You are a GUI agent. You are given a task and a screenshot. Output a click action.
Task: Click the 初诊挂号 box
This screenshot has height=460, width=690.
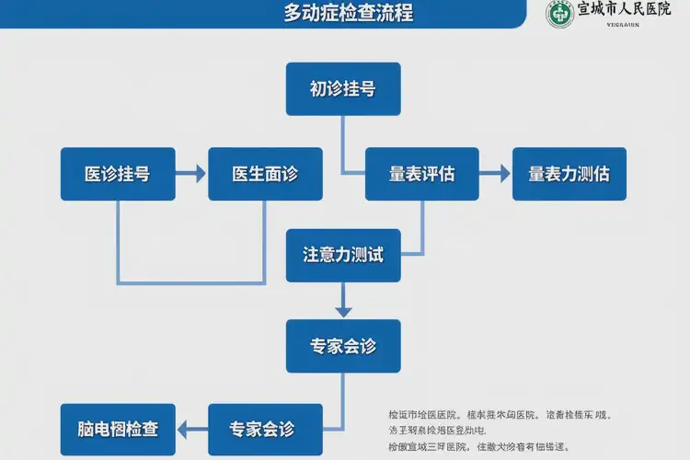tap(342, 89)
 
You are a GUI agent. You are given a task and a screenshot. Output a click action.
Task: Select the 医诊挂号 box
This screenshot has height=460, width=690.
tap(118, 174)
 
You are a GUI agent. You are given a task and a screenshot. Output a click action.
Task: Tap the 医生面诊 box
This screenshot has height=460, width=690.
tap(265, 174)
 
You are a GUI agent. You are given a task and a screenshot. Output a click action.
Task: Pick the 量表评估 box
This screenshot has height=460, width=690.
tap(421, 174)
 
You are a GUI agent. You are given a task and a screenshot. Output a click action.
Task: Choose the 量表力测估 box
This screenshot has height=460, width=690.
tap(569, 174)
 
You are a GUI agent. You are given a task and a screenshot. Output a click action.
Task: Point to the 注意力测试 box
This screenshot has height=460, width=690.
tap(342, 255)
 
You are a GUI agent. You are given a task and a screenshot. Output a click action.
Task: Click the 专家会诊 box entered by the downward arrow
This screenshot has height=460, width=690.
tap(342, 346)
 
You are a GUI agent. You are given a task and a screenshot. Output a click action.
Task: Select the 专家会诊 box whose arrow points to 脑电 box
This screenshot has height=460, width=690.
tap(265, 430)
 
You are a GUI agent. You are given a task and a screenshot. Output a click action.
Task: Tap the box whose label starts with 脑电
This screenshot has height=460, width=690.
tap(118, 430)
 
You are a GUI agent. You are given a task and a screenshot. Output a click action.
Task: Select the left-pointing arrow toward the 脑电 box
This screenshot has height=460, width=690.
tap(190, 430)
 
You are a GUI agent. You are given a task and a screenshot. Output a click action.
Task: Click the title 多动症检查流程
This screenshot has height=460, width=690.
tap(348, 14)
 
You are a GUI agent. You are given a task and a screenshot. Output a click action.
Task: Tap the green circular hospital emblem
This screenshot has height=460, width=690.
tap(558, 14)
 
